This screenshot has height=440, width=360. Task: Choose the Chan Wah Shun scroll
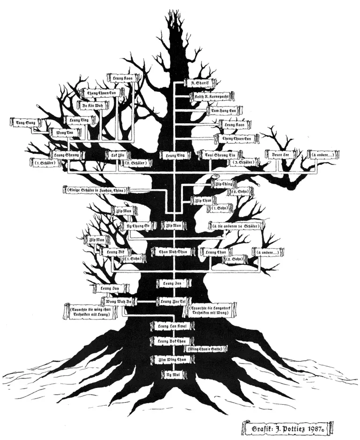coord(174,251)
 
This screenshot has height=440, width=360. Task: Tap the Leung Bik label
coord(114,252)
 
